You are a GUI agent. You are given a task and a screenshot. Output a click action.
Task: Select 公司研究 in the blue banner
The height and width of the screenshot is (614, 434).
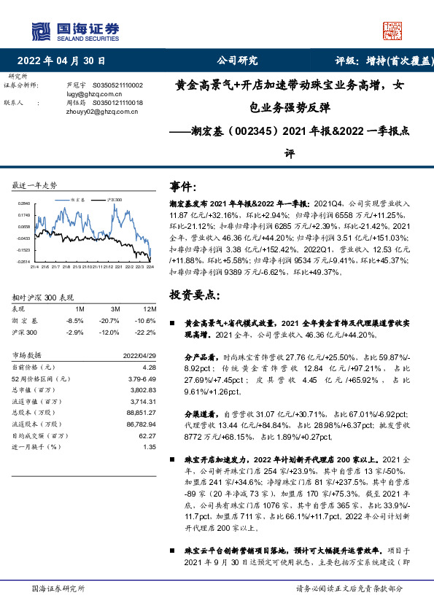[238, 61]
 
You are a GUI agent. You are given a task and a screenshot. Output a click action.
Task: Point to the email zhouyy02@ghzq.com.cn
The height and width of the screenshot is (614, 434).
[98, 112]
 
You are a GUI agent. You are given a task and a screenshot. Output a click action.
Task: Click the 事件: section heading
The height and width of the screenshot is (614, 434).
[183, 187]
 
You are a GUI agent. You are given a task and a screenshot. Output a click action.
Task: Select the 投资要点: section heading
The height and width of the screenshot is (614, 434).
[193, 295]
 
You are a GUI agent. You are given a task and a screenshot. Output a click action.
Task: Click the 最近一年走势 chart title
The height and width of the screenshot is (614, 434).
[34, 185]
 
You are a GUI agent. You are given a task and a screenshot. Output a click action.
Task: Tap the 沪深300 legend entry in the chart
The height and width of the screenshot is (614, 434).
[114, 199]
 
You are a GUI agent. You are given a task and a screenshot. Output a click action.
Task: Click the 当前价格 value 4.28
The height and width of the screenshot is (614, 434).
[150, 368]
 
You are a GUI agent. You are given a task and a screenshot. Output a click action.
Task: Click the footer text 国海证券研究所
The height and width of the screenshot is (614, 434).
[58, 588]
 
